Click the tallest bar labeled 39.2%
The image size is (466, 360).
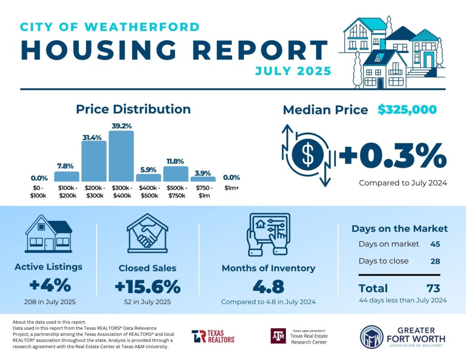pyautogui.click(x=121, y=156)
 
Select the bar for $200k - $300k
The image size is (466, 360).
pyautogui.click(x=94, y=161)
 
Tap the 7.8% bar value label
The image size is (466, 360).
pyautogui.click(x=66, y=166)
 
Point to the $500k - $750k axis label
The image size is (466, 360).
pyautogui.click(x=176, y=192)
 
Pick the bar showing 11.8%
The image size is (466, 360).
pyautogui.click(x=176, y=174)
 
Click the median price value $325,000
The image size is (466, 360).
pyautogui.click(x=407, y=110)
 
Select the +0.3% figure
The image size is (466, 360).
pyautogui.click(x=392, y=156)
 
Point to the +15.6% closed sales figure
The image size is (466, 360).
pyautogui.click(x=147, y=288)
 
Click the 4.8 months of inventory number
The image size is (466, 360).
pyautogui.click(x=268, y=287)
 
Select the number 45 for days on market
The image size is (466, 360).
pyautogui.click(x=435, y=244)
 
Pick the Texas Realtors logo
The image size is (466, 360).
pyautogui.click(x=213, y=336)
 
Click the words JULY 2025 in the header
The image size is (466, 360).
pyautogui.click(x=293, y=71)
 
